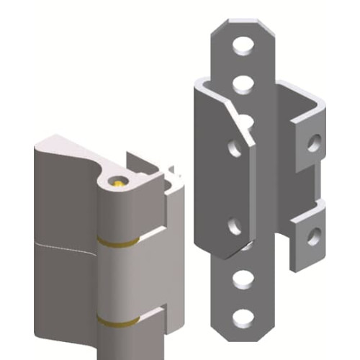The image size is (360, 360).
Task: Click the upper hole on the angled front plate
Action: point(235,148)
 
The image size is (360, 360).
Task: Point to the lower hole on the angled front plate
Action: point(235,225)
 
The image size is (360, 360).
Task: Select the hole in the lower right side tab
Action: point(313,234)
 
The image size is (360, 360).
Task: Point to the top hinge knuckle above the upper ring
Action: point(119,212)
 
